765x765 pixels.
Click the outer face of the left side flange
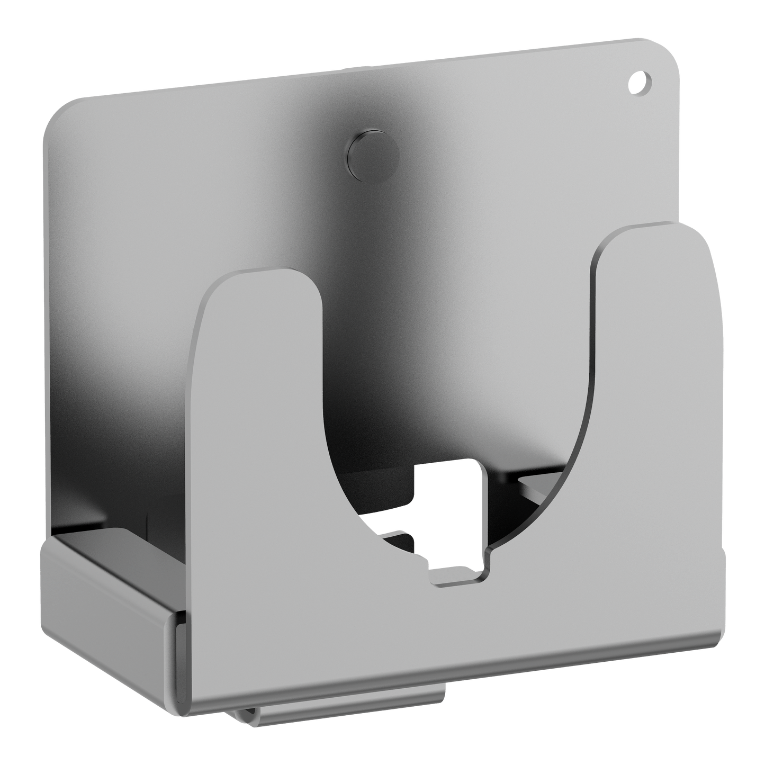tap(106, 598)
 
